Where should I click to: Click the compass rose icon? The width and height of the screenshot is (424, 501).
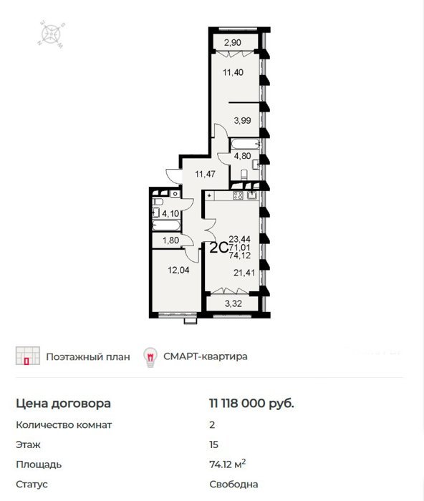tap(51, 34)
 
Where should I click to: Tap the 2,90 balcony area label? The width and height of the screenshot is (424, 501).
tap(233, 42)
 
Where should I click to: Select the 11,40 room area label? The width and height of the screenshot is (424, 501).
tap(233, 72)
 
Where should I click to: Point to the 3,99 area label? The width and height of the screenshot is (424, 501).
tap(242, 120)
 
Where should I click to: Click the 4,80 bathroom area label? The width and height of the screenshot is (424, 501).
tap(242, 156)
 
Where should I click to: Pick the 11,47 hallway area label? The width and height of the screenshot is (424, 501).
tap(206, 174)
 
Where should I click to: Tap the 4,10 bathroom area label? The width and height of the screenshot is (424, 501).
tap(170, 213)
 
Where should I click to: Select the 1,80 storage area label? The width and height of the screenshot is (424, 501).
tap(170, 240)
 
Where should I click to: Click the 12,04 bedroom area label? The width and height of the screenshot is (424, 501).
tap(178, 271)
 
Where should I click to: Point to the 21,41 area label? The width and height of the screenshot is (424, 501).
tap(244, 273)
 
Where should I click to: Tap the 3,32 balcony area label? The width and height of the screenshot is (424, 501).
tap(233, 303)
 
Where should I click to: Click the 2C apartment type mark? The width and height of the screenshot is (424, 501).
tap(218, 248)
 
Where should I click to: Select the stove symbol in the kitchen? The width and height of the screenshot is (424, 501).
tap(238, 195)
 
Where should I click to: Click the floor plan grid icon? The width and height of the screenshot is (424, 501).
tap(28, 356)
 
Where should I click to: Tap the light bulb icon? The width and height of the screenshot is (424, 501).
tap(150, 357)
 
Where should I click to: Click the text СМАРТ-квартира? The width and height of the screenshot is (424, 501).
tap(206, 356)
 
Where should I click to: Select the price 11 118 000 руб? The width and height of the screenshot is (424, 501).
tap(251, 403)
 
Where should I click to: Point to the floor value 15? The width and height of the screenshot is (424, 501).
tap(213, 444)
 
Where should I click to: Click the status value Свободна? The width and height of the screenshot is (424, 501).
tap(233, 484)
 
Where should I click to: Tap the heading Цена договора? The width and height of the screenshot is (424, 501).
tap(63, 404)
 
